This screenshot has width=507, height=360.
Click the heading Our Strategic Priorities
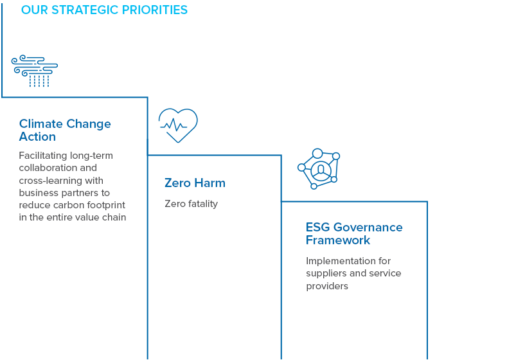click(x=104, y=10)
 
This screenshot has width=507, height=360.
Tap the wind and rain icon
click(x=35, y=71)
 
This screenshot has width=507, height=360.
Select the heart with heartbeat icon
click(x=178, y=125)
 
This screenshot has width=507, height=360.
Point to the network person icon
click(x=319, y=168)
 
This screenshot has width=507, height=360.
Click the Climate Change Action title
click(x=65, y=130)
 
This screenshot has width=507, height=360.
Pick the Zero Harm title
click(x=195, y=183)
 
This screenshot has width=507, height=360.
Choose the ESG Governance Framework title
click(x=354, y=233)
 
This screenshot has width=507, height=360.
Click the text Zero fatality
click(x=191, y=204)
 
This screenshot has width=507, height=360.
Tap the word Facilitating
click(x=43, y=156)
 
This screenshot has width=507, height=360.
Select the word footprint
click(x=106, y=205)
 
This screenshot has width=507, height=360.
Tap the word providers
click(x=327, y=286)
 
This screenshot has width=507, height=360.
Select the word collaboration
click(x=48, y=168)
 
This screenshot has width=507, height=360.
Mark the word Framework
click(x=338, y=240)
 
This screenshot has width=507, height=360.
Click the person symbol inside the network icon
click(x=321, y=170)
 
